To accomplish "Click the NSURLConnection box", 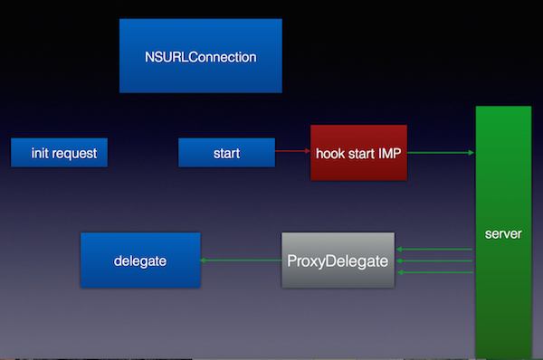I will pyautogui.click(x=200, y=56).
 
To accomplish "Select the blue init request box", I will pyautogui.click(x=60, y=153).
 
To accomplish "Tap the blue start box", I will pyautogui.click(x=226, y=153).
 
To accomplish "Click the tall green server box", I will pyautogui.click(x=503, y=233).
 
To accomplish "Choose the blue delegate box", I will pyautogui.click(x=140, y=261).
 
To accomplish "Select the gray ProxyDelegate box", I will pyautogui.click(x=338, y=261).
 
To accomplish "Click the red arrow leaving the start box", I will pyautogui.click(x=292, y=153).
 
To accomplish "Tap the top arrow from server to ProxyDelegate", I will pyautogui.click(x=436, y=250).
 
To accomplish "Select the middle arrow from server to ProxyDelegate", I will pyautogui.click(x=436, y=261).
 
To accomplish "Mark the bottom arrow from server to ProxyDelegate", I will pyautogui.click(x=436, y=271).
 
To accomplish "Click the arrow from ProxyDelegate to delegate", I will pyautogui.click(x=241, y=261).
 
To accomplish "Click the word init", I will pyautogui.click(x=39, y=153).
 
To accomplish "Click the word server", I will pyautogui.click(x=503, y=233).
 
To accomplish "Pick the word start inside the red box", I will pyautogui.click(x=359, y=153).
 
